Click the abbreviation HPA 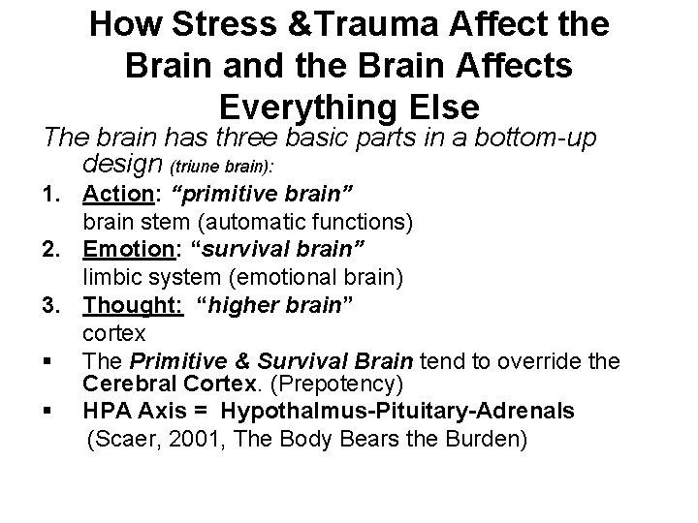110,412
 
